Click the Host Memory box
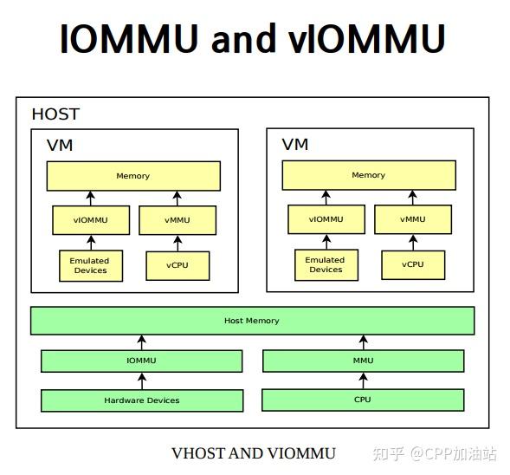252,321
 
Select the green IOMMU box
142,361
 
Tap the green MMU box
363,361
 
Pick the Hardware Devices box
142,400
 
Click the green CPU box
363,400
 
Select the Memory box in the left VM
133,176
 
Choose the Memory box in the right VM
368,175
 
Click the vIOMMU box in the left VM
91,220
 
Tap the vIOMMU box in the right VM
326,219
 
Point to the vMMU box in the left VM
177,220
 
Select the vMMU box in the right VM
412,219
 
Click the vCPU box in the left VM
178,265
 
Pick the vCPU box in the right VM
413,264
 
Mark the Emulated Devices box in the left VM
90,265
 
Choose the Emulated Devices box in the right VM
326,264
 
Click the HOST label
55,114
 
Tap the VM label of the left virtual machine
60,145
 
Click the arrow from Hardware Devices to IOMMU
142,381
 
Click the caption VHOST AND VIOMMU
253,452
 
